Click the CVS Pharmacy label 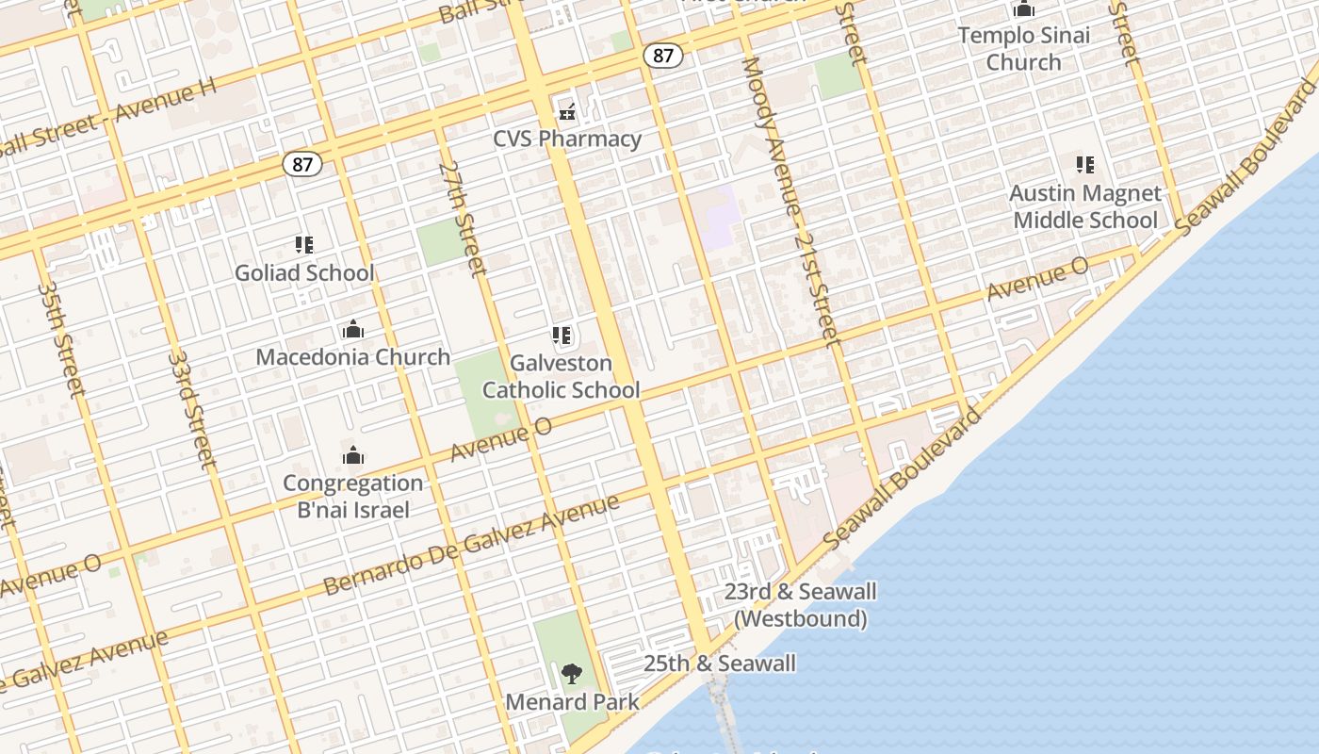coord(567,139)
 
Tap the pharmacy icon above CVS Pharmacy coord(567,112)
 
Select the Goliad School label coord(304,272)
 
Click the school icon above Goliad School coord(304,245)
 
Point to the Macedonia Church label coord(353,357)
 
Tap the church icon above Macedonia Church coord(353,330)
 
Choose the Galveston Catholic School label coord(562,376)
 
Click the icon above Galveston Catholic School coord(562,336)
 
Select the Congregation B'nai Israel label coord(353,497)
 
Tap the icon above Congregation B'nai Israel coord(353,456)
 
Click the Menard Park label coord(572,702)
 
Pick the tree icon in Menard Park coord(571,674)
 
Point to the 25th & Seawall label coord(720,664)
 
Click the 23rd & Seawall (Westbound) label coord(801,605)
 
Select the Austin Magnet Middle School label coord(1085,206)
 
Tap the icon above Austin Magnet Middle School coord(1085,165)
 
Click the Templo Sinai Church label coord(1024,49)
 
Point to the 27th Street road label coord(463,219)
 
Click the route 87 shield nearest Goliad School coord(301,164)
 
